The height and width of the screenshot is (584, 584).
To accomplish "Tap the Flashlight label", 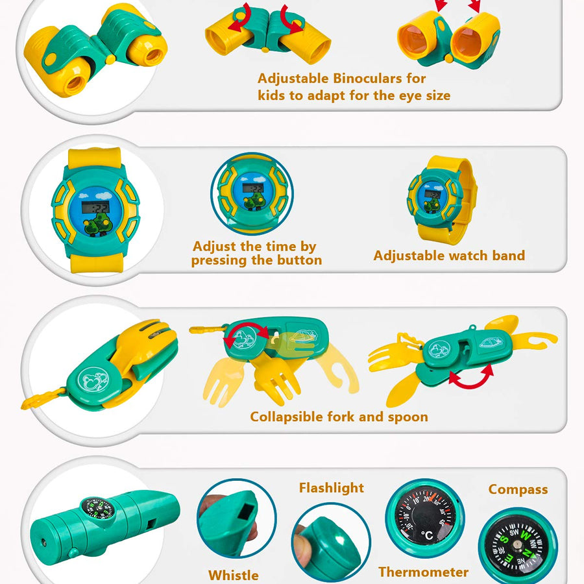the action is [x=332, y=488].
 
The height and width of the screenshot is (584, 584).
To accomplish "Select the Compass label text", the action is [x=518, y=489].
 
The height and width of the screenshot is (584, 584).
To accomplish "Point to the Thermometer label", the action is [x=424, y=572].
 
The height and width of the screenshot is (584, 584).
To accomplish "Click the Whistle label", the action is [x=234, y=575].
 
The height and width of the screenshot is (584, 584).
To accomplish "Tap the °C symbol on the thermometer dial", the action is [x=427, y=535].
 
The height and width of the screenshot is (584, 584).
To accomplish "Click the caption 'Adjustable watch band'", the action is [x=449, y=256].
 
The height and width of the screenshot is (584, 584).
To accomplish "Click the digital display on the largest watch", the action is [x=95, y=207].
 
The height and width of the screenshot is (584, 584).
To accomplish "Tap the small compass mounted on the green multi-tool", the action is [x=98, y=508].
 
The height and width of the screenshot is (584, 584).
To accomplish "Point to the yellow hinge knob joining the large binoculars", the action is [x=110, y=59].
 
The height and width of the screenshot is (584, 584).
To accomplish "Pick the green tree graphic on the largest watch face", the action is [x=97, y=224].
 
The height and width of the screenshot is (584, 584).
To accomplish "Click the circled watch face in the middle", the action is [x=252, y=193].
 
